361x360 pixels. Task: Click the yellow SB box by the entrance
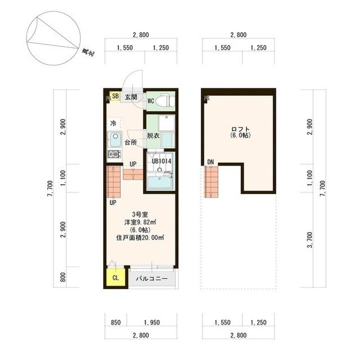(115, 96)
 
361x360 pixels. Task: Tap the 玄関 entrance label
(131, 97)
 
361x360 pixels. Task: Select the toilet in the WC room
(165, 101)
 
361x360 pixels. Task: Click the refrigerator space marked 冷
(114, 124)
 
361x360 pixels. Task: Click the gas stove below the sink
(115, 154)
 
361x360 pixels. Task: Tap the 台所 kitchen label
(131, 143)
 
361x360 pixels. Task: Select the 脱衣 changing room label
(153, 136)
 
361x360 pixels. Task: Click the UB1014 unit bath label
(161, 161)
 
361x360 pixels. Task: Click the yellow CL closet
(116, 278)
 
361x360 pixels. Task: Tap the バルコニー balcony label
(152, 279)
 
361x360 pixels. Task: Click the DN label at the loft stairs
(210, 162)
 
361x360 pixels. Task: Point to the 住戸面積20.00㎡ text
(140, 238)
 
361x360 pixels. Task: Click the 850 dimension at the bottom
(116, 322)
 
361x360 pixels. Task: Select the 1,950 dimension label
(152, 322)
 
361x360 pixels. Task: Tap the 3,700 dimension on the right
(310, 240)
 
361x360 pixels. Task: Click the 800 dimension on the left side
(63, 277)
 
